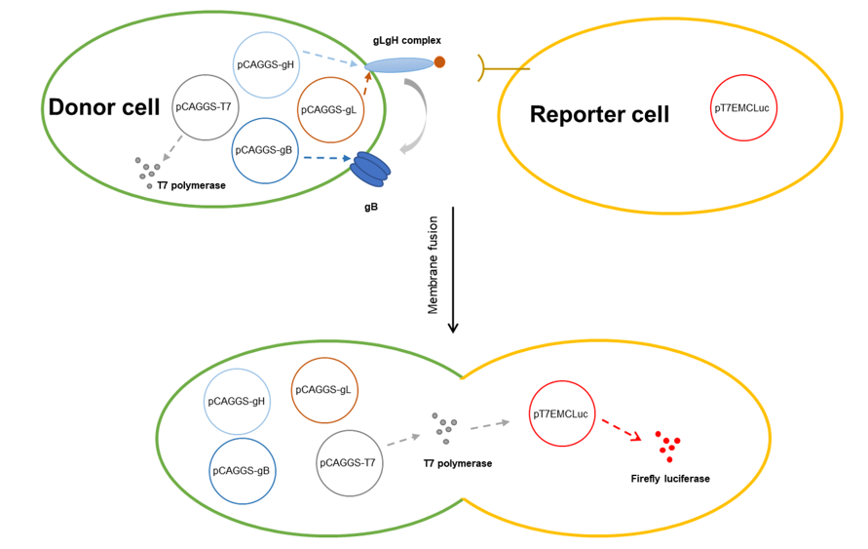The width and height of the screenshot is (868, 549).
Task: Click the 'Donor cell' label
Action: pyautogui.click(x=102, y=106)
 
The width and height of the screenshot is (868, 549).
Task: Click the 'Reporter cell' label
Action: pyautogui.click(x=599, y=114)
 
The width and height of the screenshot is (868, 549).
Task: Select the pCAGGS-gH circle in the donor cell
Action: pyautogui.click(x=266, y=64)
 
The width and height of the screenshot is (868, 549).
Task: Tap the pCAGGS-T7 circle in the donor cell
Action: pyautogui.click(x=204, y=105)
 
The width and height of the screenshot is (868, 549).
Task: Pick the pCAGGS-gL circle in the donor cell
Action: pyautogui.click(x=329, y=109)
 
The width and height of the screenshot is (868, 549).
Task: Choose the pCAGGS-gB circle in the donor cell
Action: pyautogui.click(x=265, y=150)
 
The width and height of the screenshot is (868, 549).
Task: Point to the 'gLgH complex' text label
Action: pyautogui.click(x=407, y=40)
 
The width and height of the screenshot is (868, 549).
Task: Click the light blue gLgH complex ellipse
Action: pyautogui.click(x=399, y=65)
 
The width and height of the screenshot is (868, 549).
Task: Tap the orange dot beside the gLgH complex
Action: pyautogui.click(x=439, y=62)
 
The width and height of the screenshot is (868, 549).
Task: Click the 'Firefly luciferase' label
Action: pyautogui.click(x=669, y=479)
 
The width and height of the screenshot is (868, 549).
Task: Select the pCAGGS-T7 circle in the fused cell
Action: pyautogui.click(x=350, y=461)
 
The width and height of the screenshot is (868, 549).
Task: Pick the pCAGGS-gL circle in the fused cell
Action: pyautogui.click(x=325, y=390)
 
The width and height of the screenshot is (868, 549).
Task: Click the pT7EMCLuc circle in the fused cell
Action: pyautogui.click(x=560, y=414)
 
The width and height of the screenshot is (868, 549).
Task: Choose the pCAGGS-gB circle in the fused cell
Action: pyautogui.click(x=243, y=471)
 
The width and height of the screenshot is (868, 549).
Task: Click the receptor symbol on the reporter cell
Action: pyautogui.click(x=485, y=67)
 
